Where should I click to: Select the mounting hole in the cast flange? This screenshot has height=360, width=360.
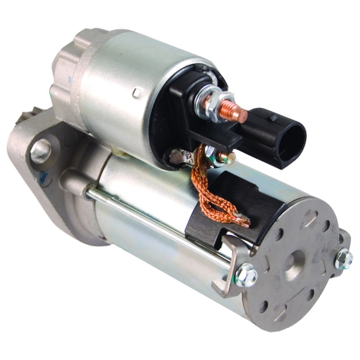pyautogui.click(x=41, y=150)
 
